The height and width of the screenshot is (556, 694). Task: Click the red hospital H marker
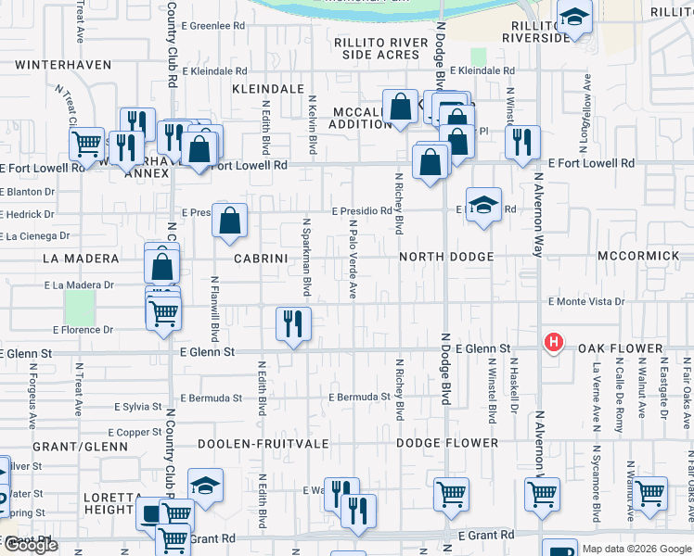pos(554,343)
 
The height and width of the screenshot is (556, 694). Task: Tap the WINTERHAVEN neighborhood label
pos(63,66)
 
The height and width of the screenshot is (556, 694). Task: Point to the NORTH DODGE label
pos(446,257)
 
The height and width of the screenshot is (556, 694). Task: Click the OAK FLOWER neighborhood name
pos(621,349)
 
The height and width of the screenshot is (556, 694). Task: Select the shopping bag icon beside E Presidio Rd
pos(230,221)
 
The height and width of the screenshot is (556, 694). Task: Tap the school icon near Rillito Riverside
pos(574,17)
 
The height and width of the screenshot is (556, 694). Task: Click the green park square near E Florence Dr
pos(80,307)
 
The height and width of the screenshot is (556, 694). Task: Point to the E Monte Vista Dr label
pos(586,302)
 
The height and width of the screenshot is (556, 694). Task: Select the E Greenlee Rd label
pos(212,26)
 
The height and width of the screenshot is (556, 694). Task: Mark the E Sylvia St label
pos(138,407)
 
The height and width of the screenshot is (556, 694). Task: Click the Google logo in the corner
pos(31,545)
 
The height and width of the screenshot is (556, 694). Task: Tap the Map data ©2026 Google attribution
pos(636,549)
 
